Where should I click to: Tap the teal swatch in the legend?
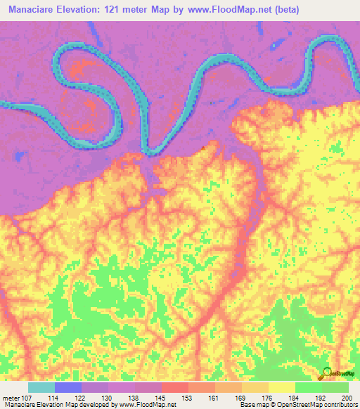point(41,387)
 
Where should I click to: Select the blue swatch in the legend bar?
point(67,387)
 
